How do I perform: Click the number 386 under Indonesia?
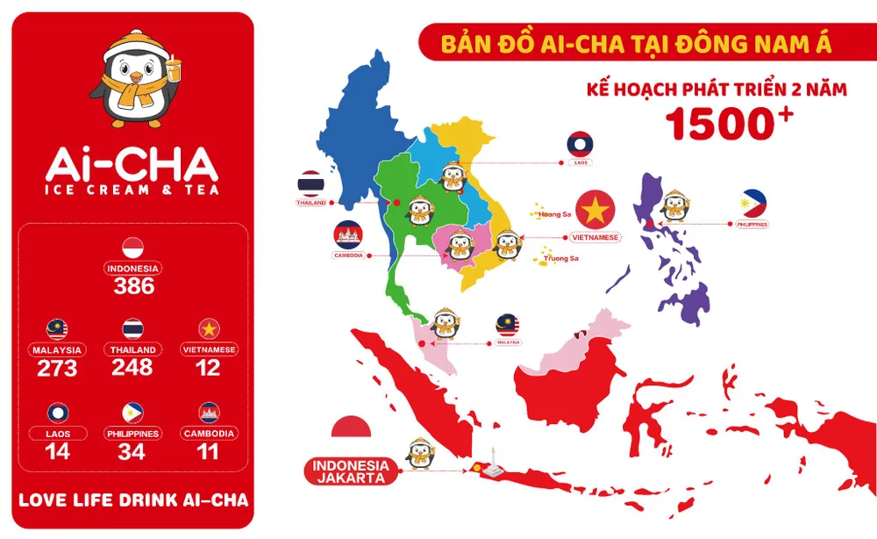(x=133, y=286)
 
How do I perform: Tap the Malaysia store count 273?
(x=57, y=368)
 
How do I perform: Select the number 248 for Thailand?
(x=132, y=368)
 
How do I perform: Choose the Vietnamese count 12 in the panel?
(x=209, y=368)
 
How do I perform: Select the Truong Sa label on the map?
(x=561, y=258)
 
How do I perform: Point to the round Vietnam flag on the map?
(x=595, y=210)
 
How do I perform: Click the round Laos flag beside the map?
(x=580, y=145)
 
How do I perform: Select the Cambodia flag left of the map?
(x=348, y=234)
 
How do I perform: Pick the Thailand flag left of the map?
(x=311, y=183)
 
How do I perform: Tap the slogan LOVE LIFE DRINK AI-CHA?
(x=132, y=500)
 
